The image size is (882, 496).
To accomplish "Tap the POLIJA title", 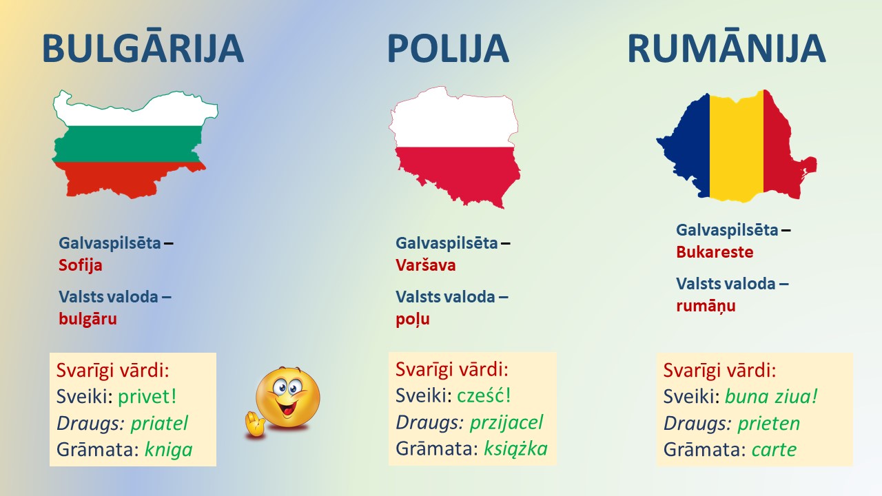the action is pos(448,49).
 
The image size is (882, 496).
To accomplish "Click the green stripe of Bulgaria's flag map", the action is pos(128,144).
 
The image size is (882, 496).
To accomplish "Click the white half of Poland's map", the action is pos(453,122).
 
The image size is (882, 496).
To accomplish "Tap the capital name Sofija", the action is pos(81,266).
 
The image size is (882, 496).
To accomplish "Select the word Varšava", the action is pos(426,265).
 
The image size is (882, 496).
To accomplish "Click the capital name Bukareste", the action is pos(715,252).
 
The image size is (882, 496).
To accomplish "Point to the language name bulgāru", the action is pos(88,318).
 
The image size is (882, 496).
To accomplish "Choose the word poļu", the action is pos(413,319).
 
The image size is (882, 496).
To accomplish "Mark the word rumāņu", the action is pos(706,306).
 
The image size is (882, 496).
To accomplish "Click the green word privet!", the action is pos(147,396).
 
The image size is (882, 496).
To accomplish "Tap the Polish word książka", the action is pos(515,448).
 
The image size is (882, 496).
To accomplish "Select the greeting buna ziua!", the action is pos(771,396).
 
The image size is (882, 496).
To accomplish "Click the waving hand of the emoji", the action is pos(255,424).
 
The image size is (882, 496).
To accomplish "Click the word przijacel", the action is pos(506,423).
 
